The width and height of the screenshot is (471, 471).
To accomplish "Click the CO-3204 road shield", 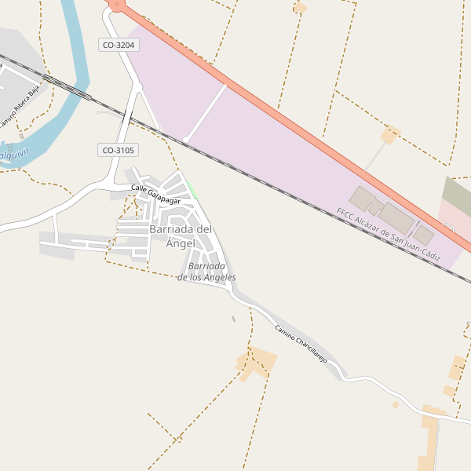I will (119, 46).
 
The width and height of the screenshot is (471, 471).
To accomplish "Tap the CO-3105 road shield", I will (119, 150).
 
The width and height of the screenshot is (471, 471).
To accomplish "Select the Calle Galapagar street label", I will (161, 195).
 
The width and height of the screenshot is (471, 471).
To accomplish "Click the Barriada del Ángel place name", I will (181, 235).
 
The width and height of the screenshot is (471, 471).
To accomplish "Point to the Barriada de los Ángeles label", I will (206, 272).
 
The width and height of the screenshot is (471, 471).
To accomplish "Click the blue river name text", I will (13, 155).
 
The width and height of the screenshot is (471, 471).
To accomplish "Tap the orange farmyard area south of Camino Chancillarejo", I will (257, 363).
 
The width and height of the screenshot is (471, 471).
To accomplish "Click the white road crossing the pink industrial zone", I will (206, 112).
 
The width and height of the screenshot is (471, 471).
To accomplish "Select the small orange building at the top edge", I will (300, 8).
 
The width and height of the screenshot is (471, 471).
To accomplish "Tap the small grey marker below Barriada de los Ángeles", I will (233, 319).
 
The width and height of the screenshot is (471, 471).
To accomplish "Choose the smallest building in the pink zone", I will (424, 234).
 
